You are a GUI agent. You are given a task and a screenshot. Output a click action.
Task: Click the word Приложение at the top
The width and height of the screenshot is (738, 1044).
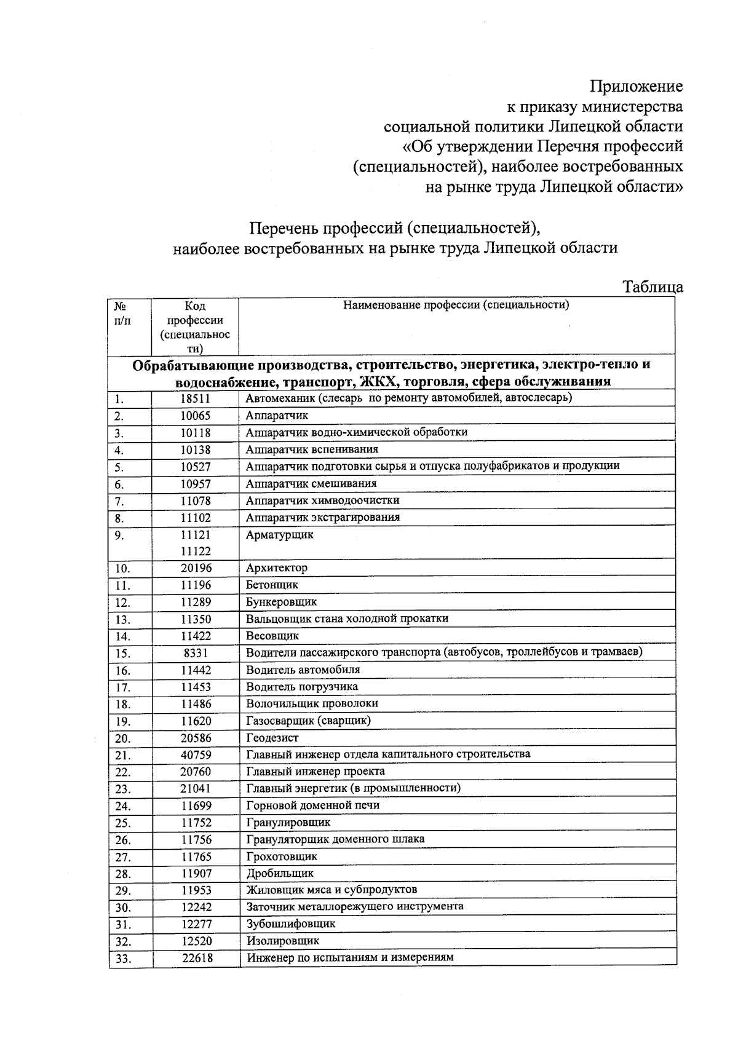point(636,86)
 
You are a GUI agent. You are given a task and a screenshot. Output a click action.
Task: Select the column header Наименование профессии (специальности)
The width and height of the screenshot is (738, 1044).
point(456,305)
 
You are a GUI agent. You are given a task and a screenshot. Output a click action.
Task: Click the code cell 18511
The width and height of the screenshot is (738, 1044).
point(195,398)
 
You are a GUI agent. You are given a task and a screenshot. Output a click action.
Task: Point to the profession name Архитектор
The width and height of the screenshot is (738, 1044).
point(277,567)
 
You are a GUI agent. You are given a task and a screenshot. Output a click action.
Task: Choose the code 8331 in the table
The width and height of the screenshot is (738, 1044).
point(196,653)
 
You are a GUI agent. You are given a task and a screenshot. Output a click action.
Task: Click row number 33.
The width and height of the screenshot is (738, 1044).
point(123,959)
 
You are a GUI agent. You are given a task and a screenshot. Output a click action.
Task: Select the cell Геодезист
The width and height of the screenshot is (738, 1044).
point(272,738)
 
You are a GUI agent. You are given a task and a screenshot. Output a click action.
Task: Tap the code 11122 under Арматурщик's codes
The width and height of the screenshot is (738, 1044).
point(195,552)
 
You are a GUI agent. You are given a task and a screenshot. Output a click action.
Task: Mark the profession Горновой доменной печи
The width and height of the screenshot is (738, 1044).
point(312,805)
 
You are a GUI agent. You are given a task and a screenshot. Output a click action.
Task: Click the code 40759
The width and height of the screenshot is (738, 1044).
point(196,755)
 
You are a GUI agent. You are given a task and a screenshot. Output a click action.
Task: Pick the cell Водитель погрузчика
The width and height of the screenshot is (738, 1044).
point(302,687)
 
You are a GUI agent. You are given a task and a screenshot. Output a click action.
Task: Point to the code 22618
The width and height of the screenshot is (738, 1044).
point(197,959)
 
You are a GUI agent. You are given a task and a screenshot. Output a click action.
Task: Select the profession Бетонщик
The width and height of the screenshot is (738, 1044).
point(272,585)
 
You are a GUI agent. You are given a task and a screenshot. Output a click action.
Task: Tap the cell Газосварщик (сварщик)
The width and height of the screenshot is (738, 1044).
point(308,721)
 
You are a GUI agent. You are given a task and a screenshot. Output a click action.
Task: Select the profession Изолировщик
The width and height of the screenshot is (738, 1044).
point(282,941)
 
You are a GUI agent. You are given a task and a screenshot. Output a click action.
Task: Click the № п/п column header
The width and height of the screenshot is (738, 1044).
point(122,313)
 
